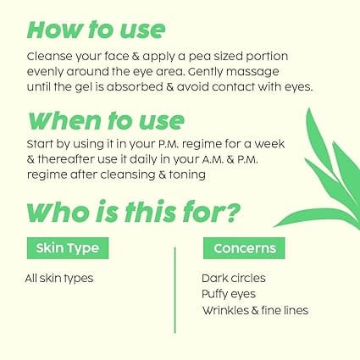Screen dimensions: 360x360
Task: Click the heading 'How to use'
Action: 96,30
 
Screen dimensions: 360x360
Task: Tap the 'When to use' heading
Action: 106,120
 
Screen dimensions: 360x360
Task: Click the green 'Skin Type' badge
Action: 68,248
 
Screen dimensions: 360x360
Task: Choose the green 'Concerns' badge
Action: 244,248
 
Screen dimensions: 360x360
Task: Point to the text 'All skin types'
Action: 59,279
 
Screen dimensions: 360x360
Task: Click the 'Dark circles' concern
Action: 234,278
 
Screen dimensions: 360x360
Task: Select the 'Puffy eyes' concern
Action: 229,294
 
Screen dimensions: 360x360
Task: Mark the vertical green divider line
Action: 175,291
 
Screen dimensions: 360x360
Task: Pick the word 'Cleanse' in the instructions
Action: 50,56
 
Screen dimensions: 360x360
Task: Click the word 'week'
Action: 269,144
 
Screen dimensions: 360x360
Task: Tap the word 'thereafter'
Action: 66,159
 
